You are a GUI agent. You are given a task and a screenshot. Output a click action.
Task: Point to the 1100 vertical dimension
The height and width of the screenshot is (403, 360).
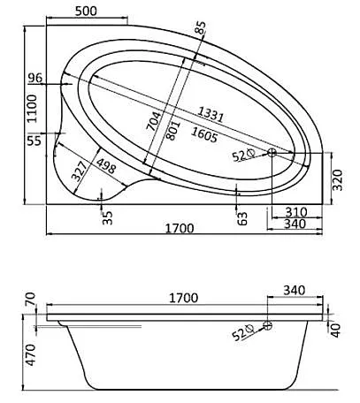click(32, 110)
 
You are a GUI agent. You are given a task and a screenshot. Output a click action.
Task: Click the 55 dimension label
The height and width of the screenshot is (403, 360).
click(34, 141)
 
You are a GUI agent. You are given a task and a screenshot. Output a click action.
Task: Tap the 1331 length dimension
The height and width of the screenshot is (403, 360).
click(210, 115)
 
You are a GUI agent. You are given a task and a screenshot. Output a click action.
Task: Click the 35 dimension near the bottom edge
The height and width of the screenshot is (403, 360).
click(107, 217)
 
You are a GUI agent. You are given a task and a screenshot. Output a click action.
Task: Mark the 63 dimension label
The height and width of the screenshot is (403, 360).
click(241, 217)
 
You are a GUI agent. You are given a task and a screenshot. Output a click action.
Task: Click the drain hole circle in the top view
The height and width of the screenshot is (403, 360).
click(272, 154)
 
